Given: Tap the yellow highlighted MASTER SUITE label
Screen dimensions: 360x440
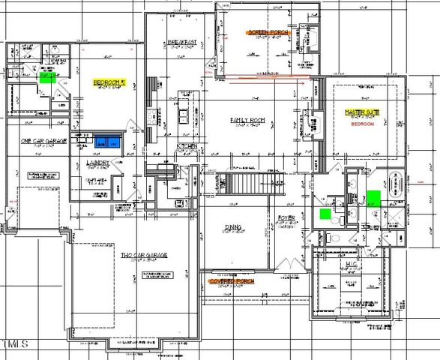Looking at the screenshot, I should coord(359,111).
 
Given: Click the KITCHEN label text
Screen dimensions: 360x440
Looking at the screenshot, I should coord(186,145).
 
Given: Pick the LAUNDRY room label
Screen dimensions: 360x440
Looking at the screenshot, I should coord(97,162).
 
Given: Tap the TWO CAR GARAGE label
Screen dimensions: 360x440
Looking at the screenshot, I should coord(144,256).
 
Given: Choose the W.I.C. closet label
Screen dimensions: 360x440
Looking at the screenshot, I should coord(352,265).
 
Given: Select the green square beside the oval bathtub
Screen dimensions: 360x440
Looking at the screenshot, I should coord(373,197).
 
